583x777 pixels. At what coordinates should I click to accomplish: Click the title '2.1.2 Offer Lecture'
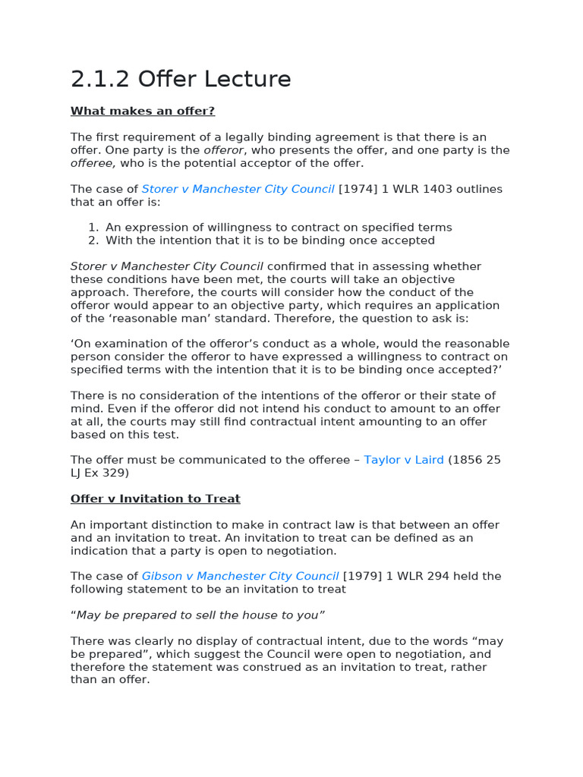tap(181, 79)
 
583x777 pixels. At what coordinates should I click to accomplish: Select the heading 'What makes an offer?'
tap(143, 112)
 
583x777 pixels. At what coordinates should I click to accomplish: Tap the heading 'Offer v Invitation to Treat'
tap(155, 499)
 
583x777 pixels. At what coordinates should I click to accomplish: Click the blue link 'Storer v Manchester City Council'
tap(238, 189)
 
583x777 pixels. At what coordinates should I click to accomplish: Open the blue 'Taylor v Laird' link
tap(404, 460)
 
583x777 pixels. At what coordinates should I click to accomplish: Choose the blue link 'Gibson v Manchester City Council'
tap(240, 576)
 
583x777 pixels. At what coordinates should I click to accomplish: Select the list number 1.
tap(93, 228)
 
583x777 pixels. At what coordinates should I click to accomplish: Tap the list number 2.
tap(93, 241)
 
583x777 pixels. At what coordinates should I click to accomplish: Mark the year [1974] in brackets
tap(359, 189)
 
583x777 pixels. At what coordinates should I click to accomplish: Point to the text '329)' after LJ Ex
tap(115, 473)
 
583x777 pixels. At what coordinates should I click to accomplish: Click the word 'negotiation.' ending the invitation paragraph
tap(301, 551)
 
